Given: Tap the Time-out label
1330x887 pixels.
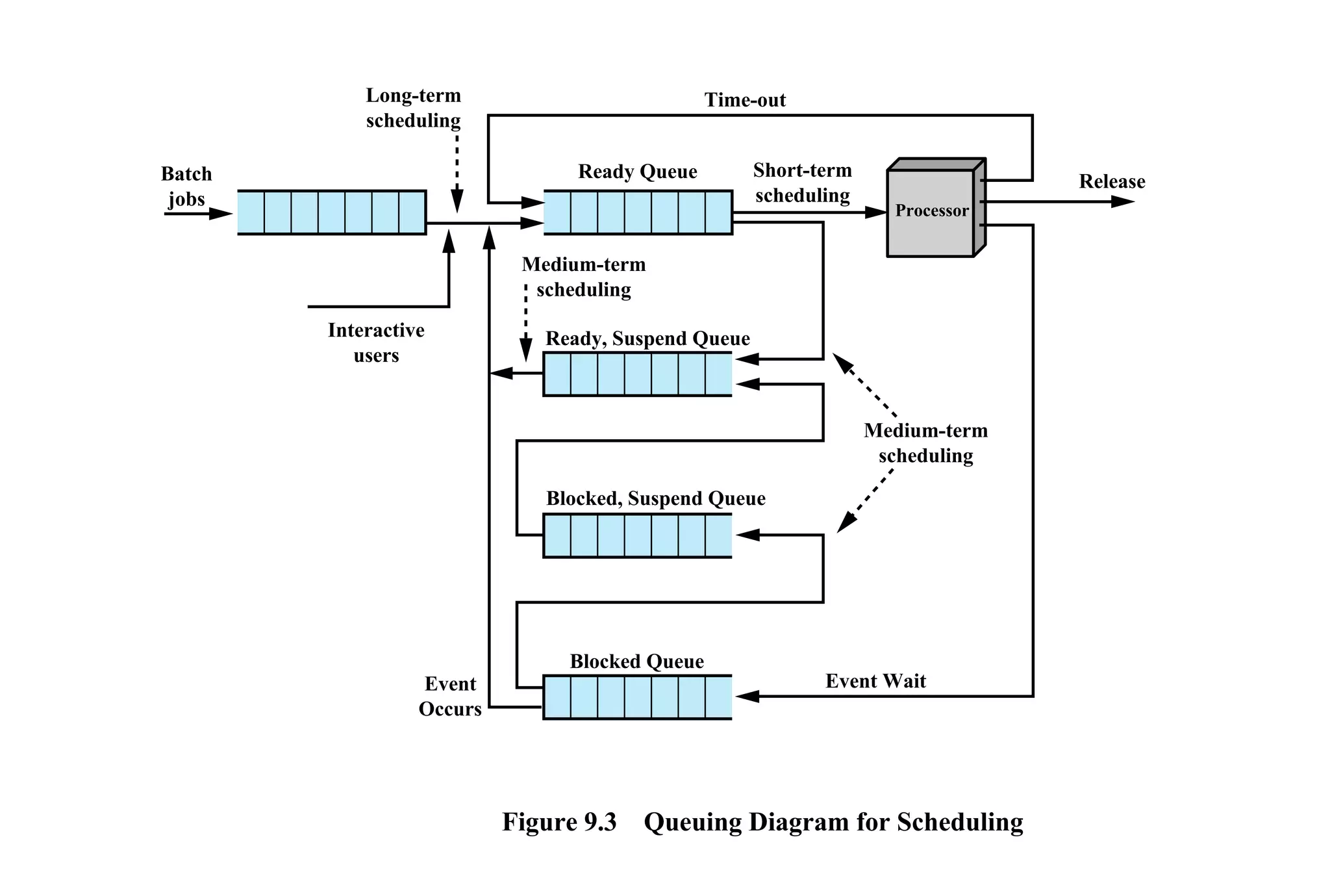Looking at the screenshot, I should coord(745,100).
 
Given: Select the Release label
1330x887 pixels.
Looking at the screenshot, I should coord(1112,181).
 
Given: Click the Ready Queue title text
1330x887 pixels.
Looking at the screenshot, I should coord(637,172).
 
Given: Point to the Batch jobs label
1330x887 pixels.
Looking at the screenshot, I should coord(186,186).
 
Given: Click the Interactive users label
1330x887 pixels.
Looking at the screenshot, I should coord(376,342).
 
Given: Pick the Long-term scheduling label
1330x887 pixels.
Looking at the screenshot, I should coord(413,108).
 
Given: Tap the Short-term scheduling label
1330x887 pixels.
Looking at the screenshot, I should coord(802,183).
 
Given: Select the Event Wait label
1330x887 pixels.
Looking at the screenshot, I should coord(875,681).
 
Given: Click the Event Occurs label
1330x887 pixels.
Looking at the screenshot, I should coord(450,696).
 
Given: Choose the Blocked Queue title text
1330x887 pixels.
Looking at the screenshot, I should coord(636,662).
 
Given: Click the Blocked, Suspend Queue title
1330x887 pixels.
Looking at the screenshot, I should coord(655,498).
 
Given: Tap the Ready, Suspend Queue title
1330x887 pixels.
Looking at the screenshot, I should coord(647,339).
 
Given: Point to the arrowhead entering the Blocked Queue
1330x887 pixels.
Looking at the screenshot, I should coord(747,697).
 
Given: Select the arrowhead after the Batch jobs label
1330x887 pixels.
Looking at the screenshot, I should coord(221,214).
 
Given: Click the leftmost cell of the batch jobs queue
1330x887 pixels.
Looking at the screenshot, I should coord(251,212).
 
